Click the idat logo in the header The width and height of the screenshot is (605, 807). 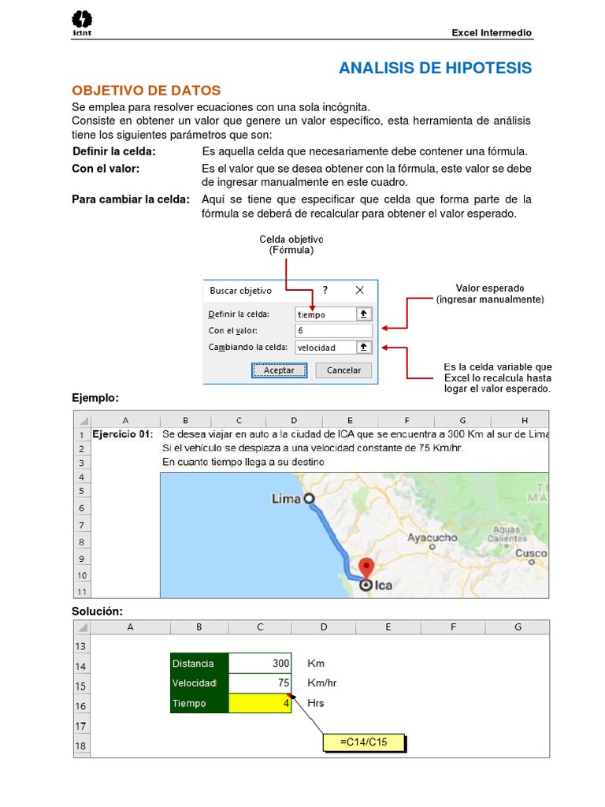(x=82, y=23)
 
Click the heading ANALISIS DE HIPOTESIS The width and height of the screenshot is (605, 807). (x=435, y=69)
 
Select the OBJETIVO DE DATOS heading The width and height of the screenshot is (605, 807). (x=147, y=91)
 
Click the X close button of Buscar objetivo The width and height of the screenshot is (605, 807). (x=360, y=290)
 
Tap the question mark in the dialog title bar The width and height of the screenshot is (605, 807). (x=325, y=290)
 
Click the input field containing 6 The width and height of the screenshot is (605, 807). (x=333, y=330)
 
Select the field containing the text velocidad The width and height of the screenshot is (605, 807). (x=325, y=347)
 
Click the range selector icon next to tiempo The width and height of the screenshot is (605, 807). (x=363, y=314)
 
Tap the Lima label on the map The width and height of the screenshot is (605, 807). (x=287, y=499)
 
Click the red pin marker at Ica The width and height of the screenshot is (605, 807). (x=366, y=567)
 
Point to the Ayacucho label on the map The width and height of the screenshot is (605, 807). (x=432, y=537)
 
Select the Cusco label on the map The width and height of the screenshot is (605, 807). (x=530, y=553)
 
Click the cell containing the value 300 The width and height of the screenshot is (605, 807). (x=260, y=664)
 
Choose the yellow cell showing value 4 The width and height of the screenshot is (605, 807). (x=260, y=703)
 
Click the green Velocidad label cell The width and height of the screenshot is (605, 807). (x=199, y=683)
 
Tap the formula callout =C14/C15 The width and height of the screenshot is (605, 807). (x=364, y=742)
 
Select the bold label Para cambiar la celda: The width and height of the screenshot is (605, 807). (x=131, y=199)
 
